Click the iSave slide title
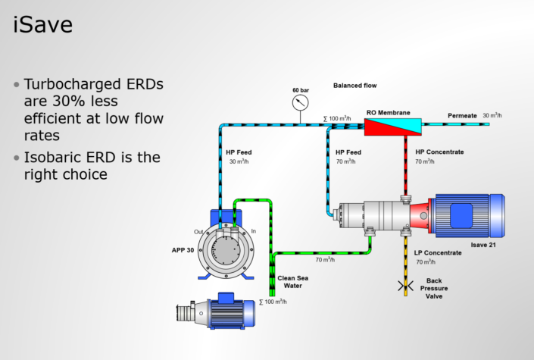tap(44, 26)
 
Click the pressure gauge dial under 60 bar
tap(301, 102)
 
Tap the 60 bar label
tap(301, 90)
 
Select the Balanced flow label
tap(354, 86)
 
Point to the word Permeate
tap(462, 115)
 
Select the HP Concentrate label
tap(439, 152)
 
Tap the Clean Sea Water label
tap(292, 282)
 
